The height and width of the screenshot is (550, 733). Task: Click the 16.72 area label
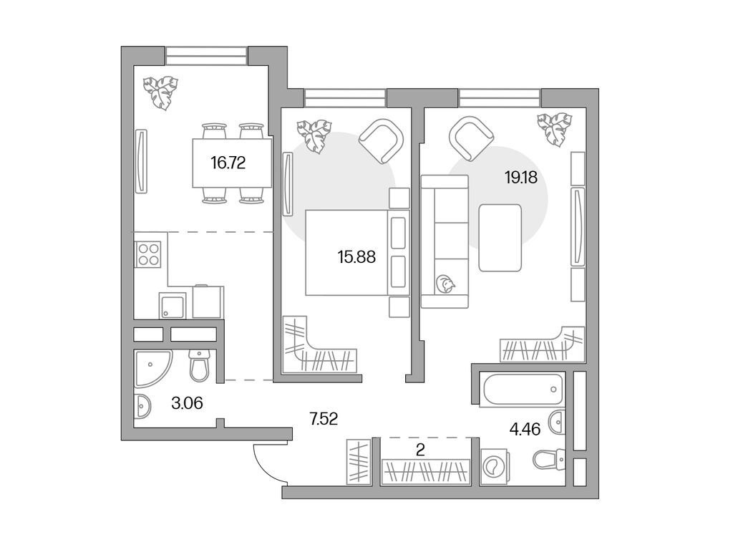click(228, 163)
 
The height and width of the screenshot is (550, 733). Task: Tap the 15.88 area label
click(356, 256)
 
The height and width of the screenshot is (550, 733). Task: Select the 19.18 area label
click(521, 178)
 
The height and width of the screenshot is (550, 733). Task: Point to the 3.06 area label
click(188, 403)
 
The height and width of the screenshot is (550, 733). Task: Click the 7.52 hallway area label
click(323, 418)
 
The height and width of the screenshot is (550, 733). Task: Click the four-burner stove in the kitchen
click(149, 254)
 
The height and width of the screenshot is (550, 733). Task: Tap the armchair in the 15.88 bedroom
click(381, 140)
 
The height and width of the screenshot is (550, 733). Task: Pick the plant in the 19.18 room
click(555, 129)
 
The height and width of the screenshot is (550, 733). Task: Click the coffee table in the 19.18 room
click(500, 237)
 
